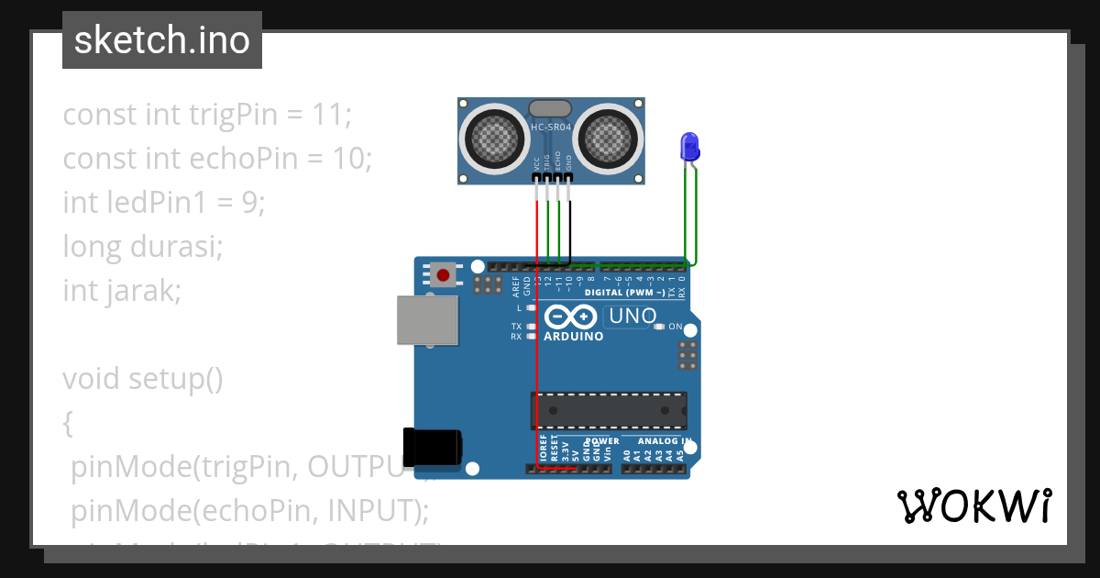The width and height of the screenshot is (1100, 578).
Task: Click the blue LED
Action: click(x=689, y=147)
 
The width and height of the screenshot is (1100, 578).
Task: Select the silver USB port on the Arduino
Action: click(x=426, y=320)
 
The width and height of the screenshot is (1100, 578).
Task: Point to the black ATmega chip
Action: click(x=609, y=410)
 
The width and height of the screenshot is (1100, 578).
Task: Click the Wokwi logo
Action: click(x=973, y=506)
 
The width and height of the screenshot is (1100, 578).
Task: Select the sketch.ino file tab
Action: click(x=162, y=40)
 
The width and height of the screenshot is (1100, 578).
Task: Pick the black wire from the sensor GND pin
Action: click(x=570, y=229)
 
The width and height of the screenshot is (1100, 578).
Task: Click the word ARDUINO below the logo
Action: click(x=574, y=337)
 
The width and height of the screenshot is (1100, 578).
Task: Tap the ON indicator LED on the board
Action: click(x=658, y=327)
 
